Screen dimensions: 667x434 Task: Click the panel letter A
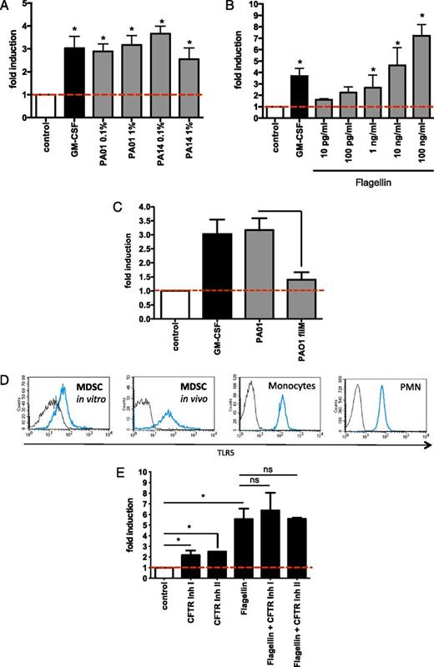pyautogui.click(x=8, y=8)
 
